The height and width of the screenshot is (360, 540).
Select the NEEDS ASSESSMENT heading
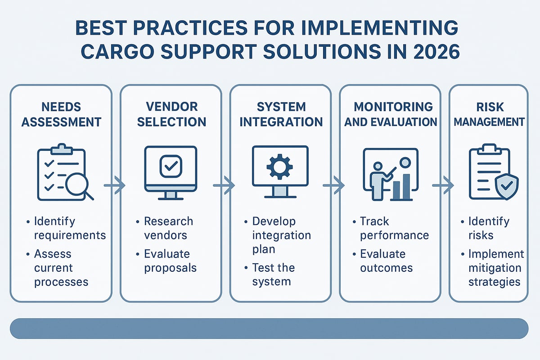click(x=61, y=114)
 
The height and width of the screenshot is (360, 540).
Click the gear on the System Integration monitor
click(x=279, y=166)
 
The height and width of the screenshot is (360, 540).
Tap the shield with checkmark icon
click(x=506, y=187)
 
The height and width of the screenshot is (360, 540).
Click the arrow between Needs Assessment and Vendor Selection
click(x=115, y=185)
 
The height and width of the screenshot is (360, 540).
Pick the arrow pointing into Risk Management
click(x=444, y=185)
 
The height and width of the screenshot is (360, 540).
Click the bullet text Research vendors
click(x=168, y=228)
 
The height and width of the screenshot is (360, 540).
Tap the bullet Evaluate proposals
click(x=170, y=261)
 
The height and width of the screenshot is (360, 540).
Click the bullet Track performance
click(x=394, y=228)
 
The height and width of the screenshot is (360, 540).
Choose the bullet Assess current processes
click(x=61, y=268)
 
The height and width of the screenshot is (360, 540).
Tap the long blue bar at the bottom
click(x=269, y=328)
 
